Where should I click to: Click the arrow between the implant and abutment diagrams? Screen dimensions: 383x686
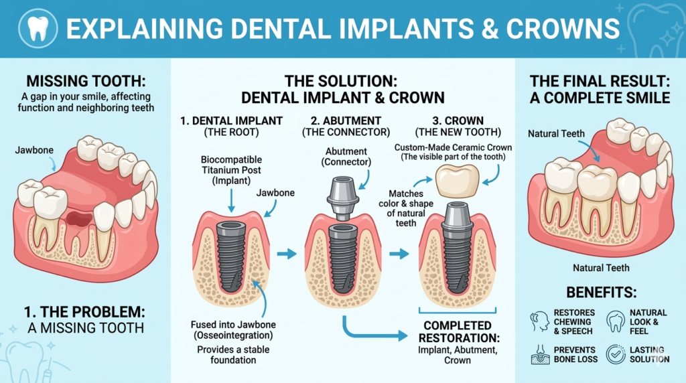[x=286, y=254]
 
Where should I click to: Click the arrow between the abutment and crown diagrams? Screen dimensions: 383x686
[x=399, y=254]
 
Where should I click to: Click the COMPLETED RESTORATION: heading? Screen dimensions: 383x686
[x=457, y=333]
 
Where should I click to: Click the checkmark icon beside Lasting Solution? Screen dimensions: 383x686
[x=615, y=354]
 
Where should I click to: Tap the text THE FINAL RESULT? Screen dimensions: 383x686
[x=600, y=81]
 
